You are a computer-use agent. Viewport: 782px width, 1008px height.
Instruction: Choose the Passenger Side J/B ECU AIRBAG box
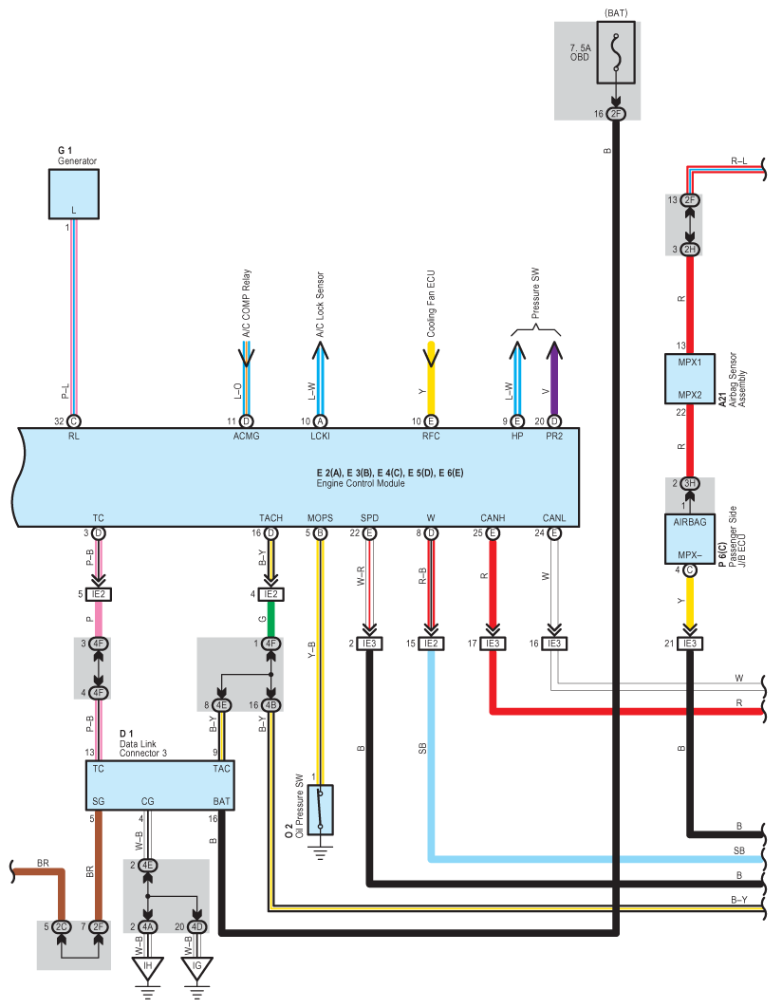click(690, 539)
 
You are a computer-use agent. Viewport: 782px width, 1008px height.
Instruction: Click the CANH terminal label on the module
click(493, 517)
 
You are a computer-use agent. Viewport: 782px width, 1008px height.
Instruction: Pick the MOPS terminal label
click(320, 517)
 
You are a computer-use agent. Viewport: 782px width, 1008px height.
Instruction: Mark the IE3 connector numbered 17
click(493, 644)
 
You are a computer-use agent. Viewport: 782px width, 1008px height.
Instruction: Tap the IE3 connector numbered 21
click(691, 644)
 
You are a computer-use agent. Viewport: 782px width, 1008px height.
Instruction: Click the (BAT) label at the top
click(616, 13)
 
